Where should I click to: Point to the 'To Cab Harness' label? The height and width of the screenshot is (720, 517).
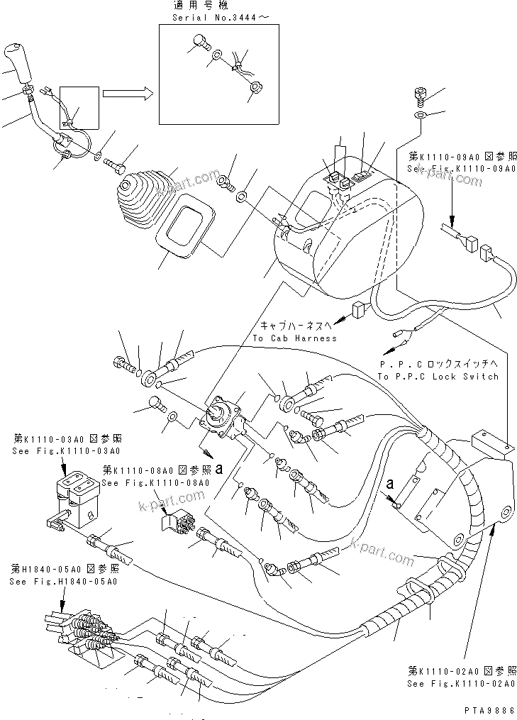pyautogui.click(x=294, y=338)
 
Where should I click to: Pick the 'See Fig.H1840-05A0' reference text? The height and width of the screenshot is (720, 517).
pyautogui.click(x=63, y=581)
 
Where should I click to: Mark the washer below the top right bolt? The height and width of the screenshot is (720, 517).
pyautogui.click(x=419, y=114)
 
